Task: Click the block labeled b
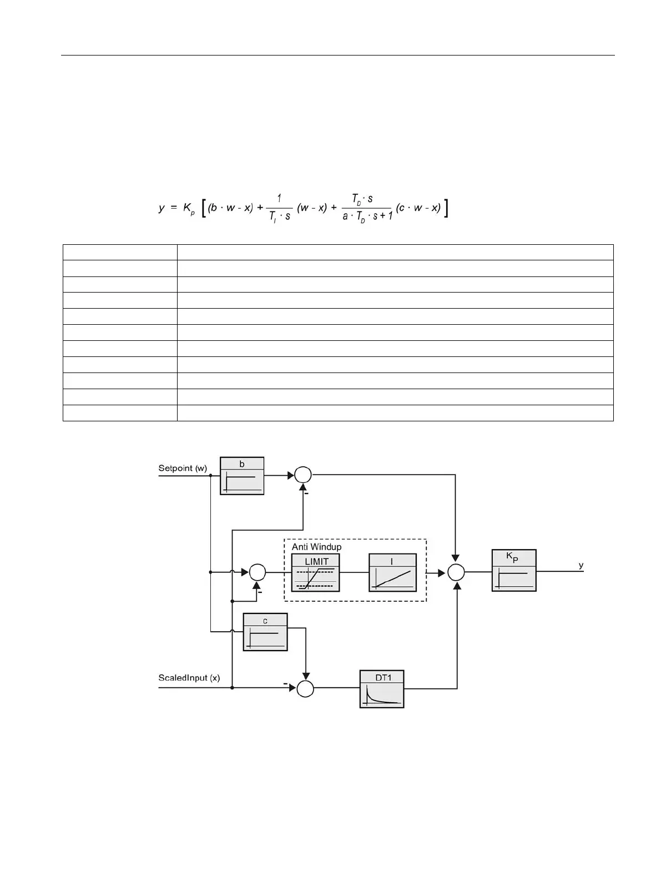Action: click(x=241, y=476)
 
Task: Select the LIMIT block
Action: click(x=315, y=572)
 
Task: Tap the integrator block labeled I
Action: click(x=392, y=572)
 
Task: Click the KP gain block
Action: click(x=513, y=570)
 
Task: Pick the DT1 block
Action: click(x=381, y=689)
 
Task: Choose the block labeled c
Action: click(x=265, y=632)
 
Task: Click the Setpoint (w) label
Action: click(x=183, y=468)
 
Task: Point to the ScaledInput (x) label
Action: click(x=189, y=678)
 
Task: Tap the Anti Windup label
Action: click(x=316, y=547)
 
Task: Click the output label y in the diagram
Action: click(x=581, y=565)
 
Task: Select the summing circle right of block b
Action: click(x=303, y=475)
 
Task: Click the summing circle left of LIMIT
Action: click(x=258, y=572)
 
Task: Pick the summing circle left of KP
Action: click(x=456, y=572)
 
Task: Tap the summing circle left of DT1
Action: click(x=305, y=688)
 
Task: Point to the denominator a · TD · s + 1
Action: click(x=367, y=216)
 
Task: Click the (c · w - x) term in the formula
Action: click(x=418, y=208)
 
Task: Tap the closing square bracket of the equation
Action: click(x=446, y=209)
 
